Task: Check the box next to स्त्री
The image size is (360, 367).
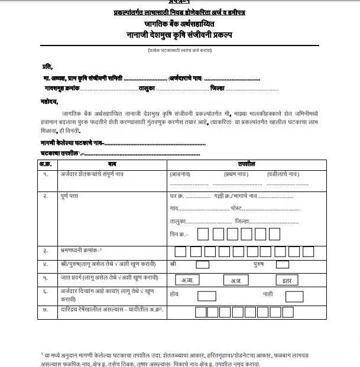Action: click(202, 265)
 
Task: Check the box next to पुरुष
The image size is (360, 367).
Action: click(283, 265)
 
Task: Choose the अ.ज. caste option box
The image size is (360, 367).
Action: click(236, 280)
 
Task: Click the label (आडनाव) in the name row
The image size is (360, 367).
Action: click(180, 175)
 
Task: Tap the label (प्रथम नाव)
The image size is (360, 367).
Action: click(236, 175)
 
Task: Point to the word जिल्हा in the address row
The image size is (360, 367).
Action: click(242, 221)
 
